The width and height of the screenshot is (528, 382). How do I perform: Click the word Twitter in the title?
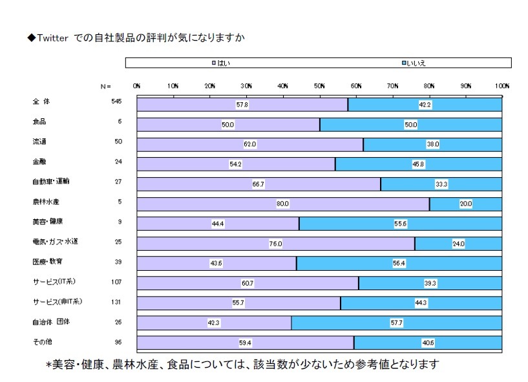52,38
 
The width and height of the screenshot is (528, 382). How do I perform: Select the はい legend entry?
220,63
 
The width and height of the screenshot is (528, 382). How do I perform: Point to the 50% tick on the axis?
319,85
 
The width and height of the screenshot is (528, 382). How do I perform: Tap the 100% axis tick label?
502,85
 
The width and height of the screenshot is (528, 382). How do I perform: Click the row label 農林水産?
45,202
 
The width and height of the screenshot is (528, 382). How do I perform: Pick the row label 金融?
39,162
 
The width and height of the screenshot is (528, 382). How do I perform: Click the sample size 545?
116,102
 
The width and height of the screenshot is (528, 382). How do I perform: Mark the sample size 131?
116,302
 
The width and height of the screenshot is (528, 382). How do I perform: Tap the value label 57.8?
242,104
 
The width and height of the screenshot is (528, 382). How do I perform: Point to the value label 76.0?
276,244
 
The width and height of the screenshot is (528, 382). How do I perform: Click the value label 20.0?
466,204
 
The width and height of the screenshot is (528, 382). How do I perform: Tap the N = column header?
106,85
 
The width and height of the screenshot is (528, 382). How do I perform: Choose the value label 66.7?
259,184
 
